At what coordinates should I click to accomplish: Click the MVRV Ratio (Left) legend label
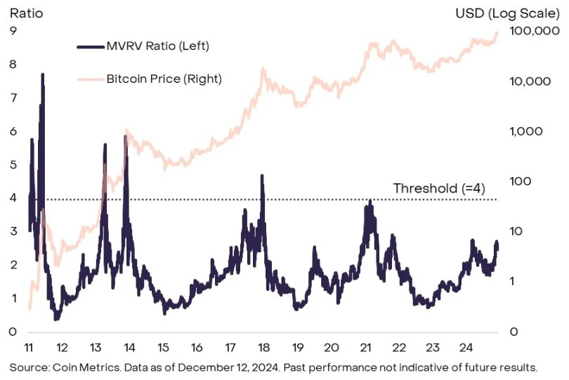[x=158, y=46]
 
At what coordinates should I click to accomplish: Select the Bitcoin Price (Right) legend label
[x=164, y=79]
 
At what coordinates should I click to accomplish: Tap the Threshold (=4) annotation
[x=438, y=188]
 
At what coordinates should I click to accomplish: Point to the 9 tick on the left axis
[x=13, y=30]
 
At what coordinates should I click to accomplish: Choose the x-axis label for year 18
[x=264, y=347]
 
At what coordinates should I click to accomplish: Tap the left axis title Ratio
[x=22, y=13]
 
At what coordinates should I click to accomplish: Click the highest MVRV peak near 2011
[x=43, y=74]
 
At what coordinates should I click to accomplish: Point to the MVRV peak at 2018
[x=262, y=176]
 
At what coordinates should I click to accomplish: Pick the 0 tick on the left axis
[x=13, y=332]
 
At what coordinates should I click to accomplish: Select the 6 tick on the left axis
[x=13, y=131]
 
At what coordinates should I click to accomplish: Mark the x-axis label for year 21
[x=365, y=347]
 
